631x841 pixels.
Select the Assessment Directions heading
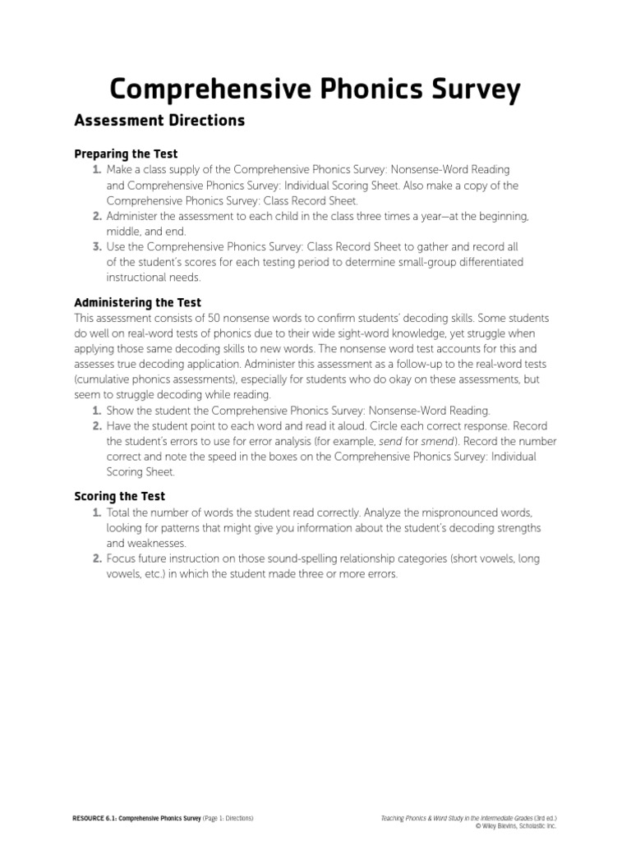[x=159, y=121]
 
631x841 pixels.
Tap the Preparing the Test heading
[x=126, y=154]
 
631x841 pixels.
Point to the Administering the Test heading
[x=137, y=302]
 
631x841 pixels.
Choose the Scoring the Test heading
[x=119, y=496]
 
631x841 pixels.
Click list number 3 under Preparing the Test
[x=97, y=246]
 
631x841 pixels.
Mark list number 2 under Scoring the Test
[x=97, y=558]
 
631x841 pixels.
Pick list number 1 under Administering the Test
[x=97, y=410]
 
